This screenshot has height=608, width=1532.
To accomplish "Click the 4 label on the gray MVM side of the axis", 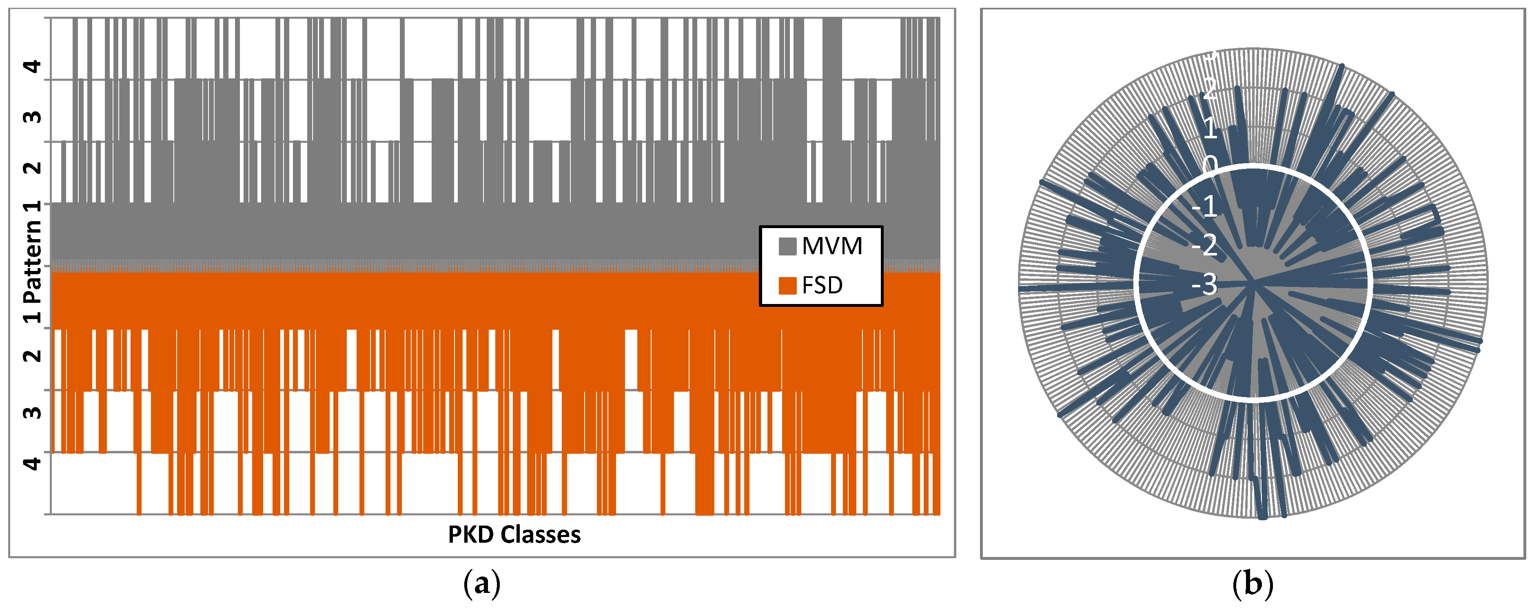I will point(31,65).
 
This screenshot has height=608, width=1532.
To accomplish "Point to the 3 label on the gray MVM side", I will point(31,116).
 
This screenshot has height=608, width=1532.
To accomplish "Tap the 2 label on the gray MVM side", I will point(31,167).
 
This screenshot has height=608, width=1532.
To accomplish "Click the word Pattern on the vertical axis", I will point(32,261).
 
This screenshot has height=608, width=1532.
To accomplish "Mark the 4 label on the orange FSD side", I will point(31,462).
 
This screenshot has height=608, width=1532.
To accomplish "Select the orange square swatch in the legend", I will point(787,286).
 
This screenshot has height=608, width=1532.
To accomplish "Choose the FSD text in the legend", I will point(822,286).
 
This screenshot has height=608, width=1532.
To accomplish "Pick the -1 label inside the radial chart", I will point(1205,206).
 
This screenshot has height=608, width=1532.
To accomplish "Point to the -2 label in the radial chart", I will point(1205,245).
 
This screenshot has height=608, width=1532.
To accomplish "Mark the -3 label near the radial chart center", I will point(1205,285).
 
